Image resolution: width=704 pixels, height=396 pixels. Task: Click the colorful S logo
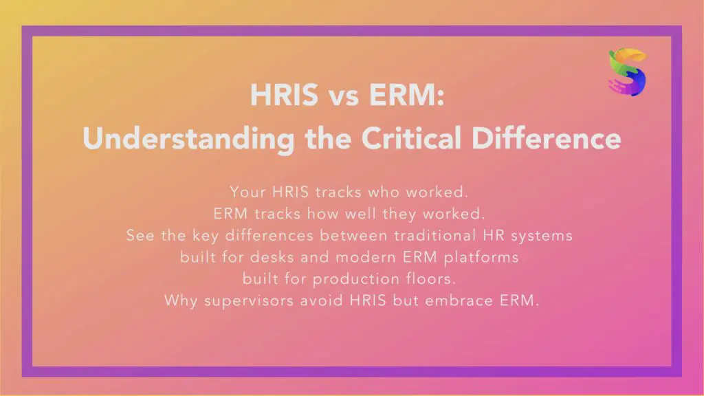coord(627,72)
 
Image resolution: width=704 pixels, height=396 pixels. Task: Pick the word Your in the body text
coord(246,191)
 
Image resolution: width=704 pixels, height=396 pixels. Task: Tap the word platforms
coord(489,257)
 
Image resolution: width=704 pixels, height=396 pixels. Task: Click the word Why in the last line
coord(180,301)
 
